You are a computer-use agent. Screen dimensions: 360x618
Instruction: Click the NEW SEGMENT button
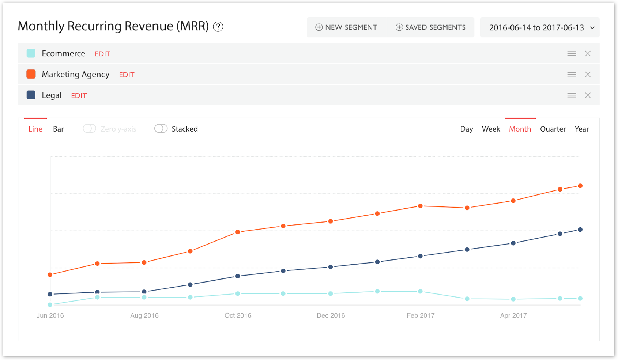point(346,27)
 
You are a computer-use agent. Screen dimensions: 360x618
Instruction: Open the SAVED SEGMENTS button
point(430,27)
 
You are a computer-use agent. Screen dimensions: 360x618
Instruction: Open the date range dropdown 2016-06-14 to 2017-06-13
point(540,27)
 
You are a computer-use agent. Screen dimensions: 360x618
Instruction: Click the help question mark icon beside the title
point(218,27)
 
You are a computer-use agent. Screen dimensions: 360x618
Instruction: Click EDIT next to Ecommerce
point(102,54)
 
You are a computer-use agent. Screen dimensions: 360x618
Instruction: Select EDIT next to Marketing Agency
point(127,75)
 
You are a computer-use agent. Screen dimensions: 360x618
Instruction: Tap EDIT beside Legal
point(79,95)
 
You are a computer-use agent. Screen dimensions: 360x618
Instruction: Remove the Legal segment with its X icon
point(588,95)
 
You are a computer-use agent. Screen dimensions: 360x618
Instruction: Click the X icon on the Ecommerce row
point(588,54)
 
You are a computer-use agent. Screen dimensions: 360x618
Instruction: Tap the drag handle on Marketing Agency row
point(572,75)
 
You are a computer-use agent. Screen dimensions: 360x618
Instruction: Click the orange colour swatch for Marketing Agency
point(31,74)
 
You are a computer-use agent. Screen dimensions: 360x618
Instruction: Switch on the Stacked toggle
point(161,129)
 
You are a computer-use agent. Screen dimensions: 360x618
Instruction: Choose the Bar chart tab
point(58,129)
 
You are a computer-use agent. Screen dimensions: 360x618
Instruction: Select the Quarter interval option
point(553,129)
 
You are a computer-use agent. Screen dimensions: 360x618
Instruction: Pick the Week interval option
point(491,129)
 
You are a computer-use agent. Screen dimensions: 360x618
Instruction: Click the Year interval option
point(581,129)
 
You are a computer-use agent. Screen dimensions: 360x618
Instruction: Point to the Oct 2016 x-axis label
point(238,315)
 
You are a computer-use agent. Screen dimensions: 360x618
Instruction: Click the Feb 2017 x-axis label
point(421,315)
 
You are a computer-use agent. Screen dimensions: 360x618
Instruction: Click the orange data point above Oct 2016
point(238,232)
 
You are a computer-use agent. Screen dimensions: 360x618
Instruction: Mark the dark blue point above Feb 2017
point(421,256)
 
